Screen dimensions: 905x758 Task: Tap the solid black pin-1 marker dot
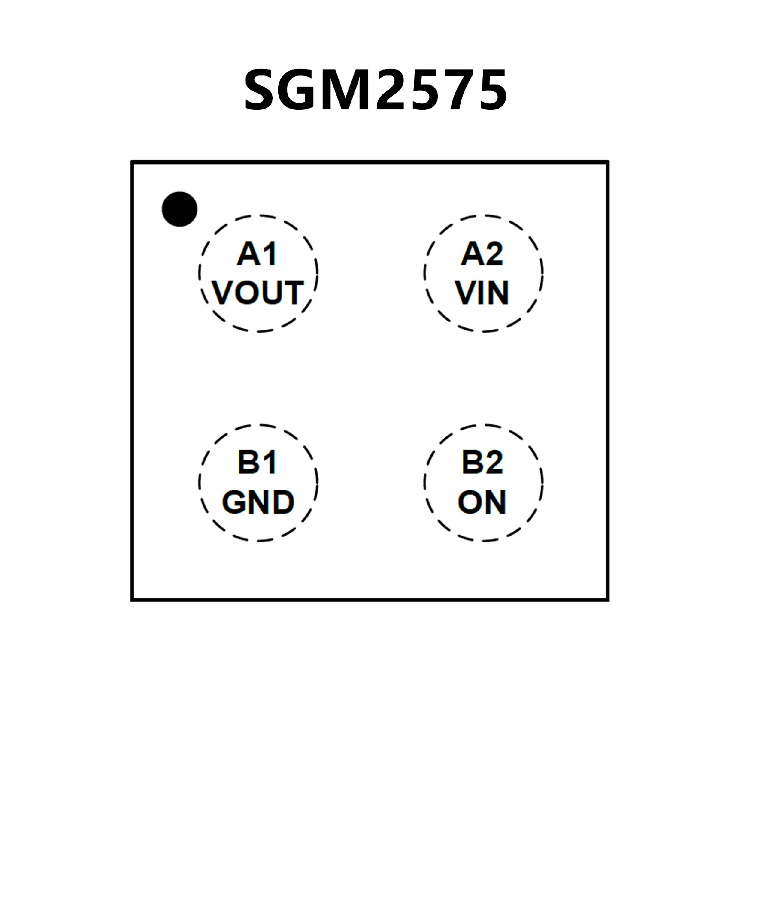pyautogui.click(x=180, y=209)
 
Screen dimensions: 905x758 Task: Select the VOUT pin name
pyautogui.click(x=257, y=293)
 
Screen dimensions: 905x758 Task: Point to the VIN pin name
pyautogui.click(x=482, y=293)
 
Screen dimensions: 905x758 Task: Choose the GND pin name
pyautogui.click(x=257, y=502)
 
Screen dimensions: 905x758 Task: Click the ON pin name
pyautogui.click(x=482, y=502)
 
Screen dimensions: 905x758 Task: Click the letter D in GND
pyautogui.click(x=283, y=502)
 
